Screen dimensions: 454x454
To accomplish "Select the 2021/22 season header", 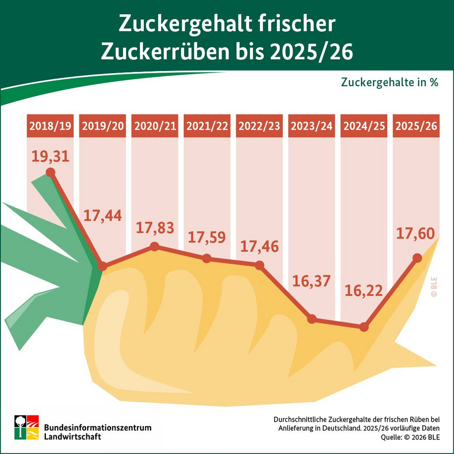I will [206, 127].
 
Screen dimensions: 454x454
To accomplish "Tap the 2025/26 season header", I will [416, 127].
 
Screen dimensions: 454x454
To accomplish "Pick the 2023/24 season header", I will [311, 127].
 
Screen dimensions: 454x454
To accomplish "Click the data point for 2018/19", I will [50, 173].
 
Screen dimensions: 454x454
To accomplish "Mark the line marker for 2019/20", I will [102, 266].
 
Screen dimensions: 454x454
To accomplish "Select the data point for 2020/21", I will [154, 246].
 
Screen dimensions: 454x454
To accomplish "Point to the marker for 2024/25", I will [364, 327].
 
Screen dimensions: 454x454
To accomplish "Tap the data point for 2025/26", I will [417, 258].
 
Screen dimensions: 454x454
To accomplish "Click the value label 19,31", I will [50, 156].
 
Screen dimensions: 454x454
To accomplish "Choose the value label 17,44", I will [102, 216].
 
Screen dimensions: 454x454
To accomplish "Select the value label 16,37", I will [311, 281].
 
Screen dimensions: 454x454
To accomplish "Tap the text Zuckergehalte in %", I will [389, 82].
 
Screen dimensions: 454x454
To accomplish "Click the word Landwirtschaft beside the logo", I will [73, 436].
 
